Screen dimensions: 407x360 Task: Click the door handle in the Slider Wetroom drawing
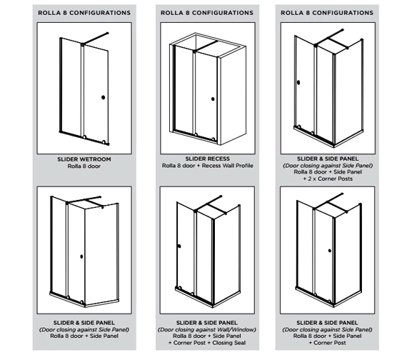point(103,97)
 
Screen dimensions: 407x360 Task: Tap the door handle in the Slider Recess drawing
point(213,99)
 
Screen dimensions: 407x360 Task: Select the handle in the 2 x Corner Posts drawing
point(298,83)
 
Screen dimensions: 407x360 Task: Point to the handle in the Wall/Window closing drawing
point(179,246)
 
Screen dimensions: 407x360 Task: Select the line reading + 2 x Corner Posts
point(328,179)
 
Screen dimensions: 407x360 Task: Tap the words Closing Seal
point(229,343)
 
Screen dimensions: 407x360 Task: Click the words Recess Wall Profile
point(227,166)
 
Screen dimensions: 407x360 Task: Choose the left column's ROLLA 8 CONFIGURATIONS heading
point(84,13)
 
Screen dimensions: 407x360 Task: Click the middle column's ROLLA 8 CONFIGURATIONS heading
point(207,13)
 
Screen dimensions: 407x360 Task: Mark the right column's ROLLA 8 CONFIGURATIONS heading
point(327,13)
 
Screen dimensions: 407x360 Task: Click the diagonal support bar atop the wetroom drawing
point(95,39)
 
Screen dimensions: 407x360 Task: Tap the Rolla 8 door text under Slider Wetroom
point(84,166)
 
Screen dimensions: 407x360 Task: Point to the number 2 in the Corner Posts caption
point(310,179)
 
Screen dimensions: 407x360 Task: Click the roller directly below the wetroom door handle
point(104,142)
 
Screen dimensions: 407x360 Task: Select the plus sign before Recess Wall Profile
point(199,166)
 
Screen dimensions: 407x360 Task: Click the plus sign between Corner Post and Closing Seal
point(209,343)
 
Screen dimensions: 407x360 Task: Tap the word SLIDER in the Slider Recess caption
point(195,159)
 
